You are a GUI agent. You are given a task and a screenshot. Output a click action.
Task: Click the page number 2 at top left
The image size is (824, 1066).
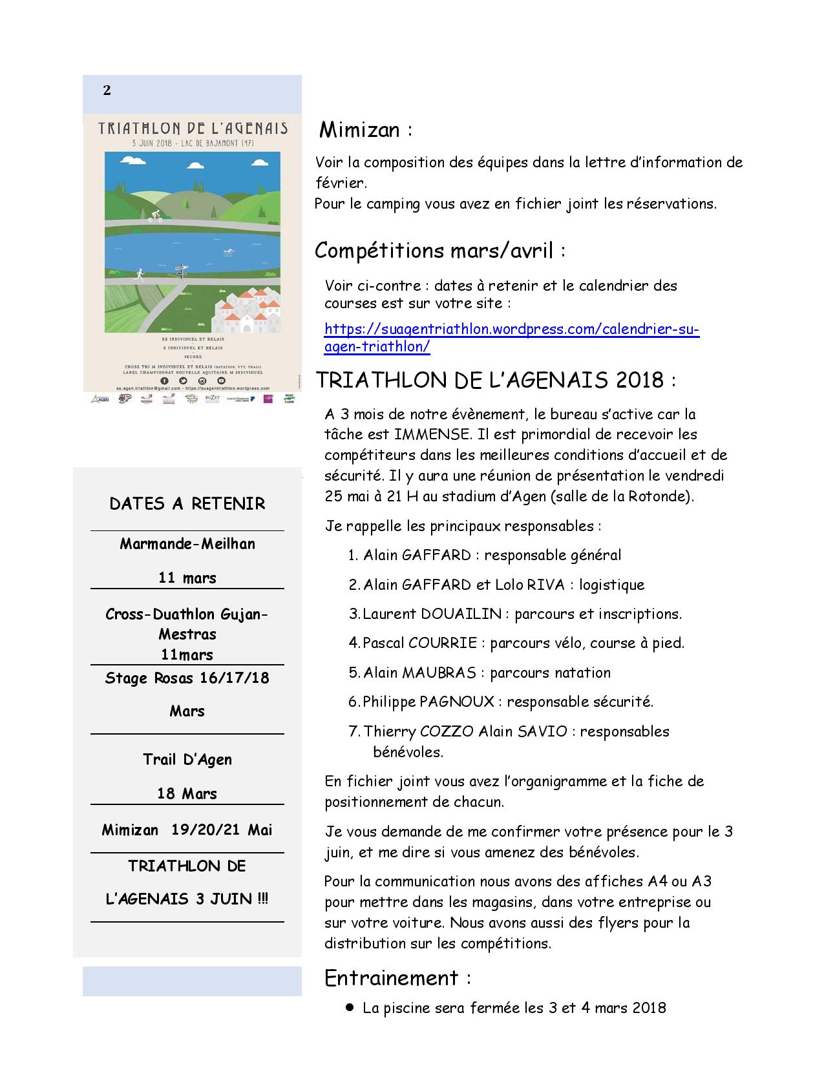coord(107,90)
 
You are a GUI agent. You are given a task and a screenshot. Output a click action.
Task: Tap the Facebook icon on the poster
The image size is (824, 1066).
coord(165,381)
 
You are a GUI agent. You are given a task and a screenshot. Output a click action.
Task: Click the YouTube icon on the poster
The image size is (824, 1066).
coord(220,381)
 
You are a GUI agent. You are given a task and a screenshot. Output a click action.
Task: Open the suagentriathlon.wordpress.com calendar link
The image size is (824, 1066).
coord(511,337)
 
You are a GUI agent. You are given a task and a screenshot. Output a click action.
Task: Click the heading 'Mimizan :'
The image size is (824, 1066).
coord(366,131)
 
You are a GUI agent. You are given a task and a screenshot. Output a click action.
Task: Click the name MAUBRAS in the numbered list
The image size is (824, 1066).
coord(439,673)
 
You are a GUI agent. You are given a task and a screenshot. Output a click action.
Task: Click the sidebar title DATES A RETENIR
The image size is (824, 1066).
coord(187,504)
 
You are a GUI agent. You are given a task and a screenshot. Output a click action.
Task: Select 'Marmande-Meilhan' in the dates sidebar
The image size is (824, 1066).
coord(187,544)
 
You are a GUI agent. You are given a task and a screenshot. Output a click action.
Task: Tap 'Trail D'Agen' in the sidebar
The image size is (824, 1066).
coord(187,760)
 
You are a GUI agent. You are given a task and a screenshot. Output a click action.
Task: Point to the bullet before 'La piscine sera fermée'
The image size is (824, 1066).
coord(350,1007)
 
